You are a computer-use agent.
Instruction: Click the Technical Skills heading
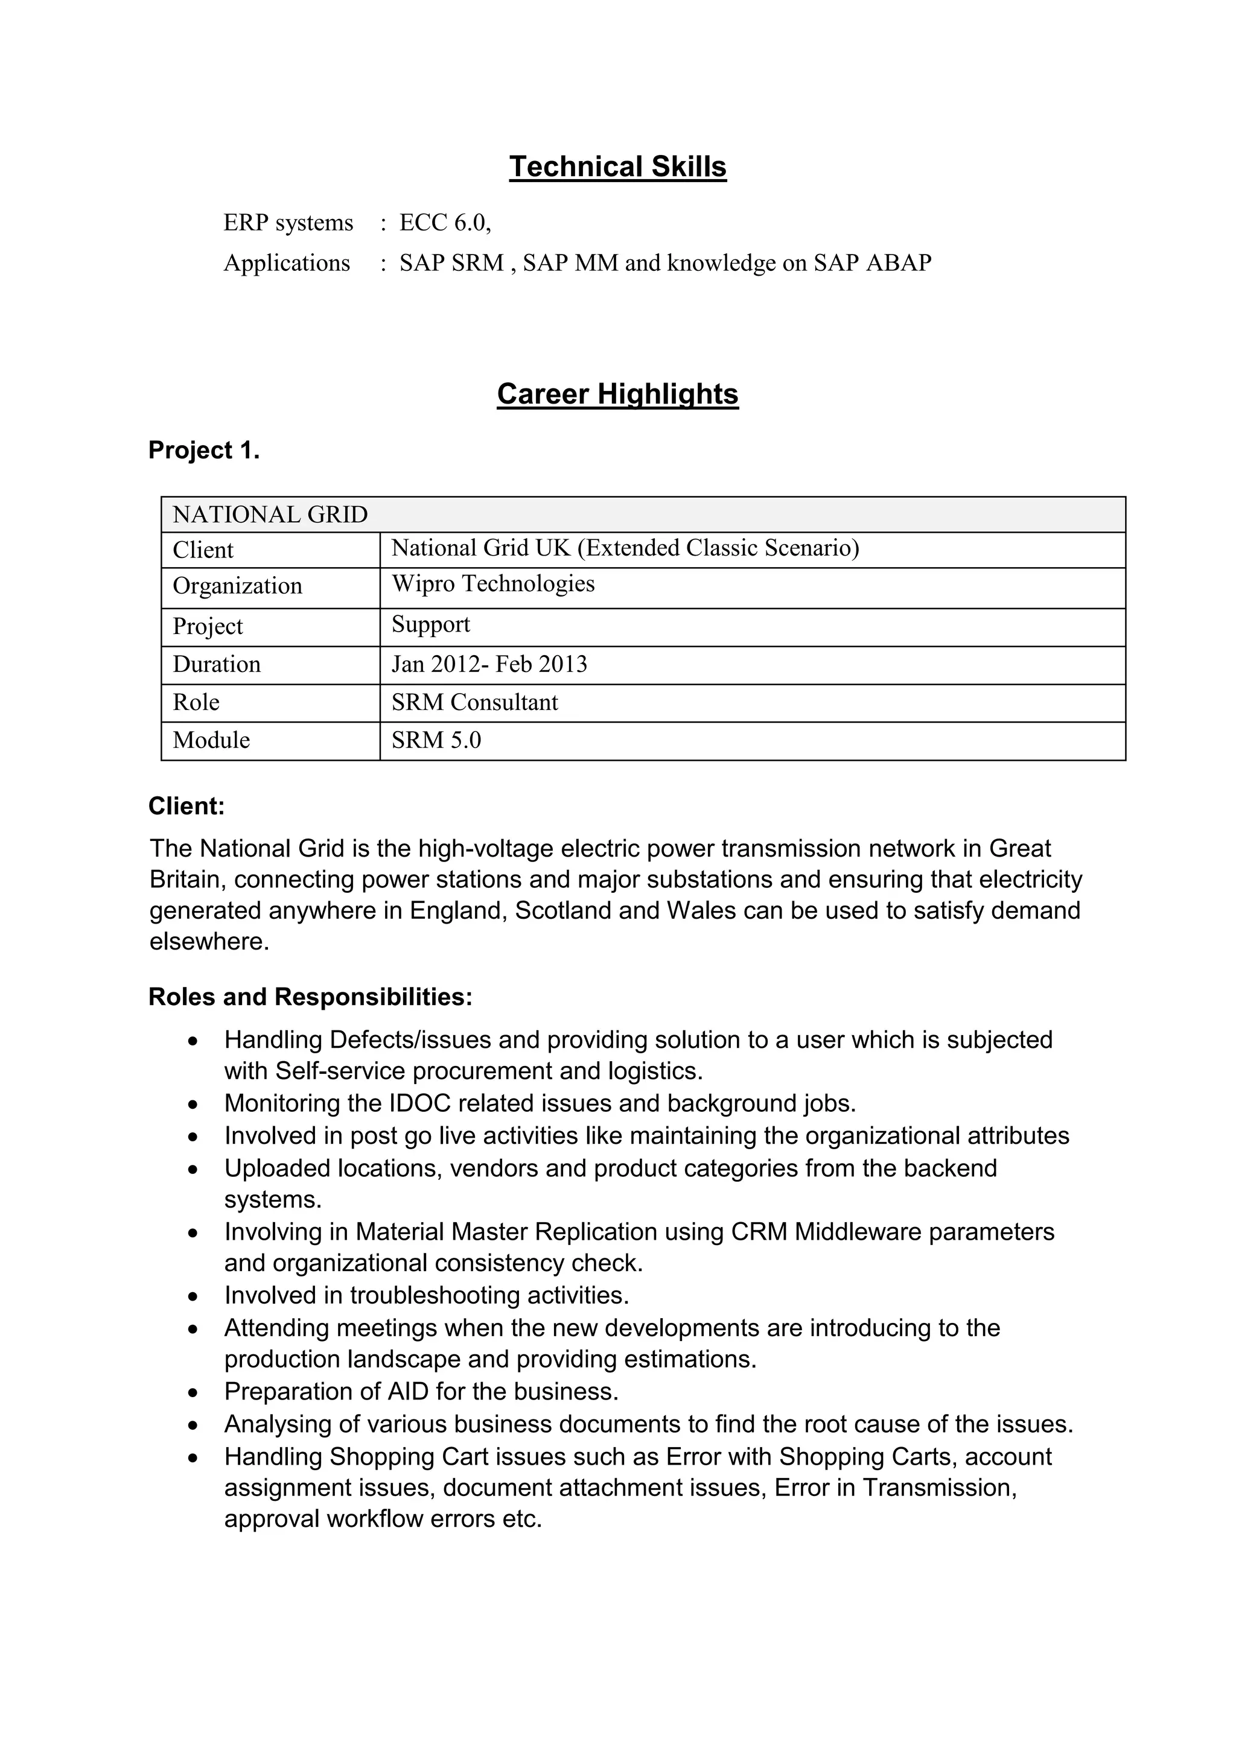coord(617,166)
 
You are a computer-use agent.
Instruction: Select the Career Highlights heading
coord(617,394)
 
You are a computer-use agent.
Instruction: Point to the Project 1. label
coord(204,451)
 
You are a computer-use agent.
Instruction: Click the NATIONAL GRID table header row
coord(643,515)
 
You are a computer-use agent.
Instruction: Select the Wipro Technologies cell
coord(493,585)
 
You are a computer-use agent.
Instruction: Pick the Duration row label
coord(217,664)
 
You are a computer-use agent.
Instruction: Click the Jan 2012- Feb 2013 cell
coord(489,664)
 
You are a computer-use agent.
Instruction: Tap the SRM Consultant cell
coord(475,702)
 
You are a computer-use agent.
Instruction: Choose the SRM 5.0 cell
coord(436,740)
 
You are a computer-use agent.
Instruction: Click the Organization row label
coord(237,586)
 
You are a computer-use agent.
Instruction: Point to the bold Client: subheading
coord(186,807)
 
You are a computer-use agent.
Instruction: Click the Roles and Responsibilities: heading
coord(311,997)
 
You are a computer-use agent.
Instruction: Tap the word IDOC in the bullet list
coord(419,1103)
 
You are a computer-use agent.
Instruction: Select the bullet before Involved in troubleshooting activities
coord(194,1296)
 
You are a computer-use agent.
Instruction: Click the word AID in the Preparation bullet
coord(408,1392)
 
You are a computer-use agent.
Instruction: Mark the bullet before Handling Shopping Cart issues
coord(194,1457)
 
